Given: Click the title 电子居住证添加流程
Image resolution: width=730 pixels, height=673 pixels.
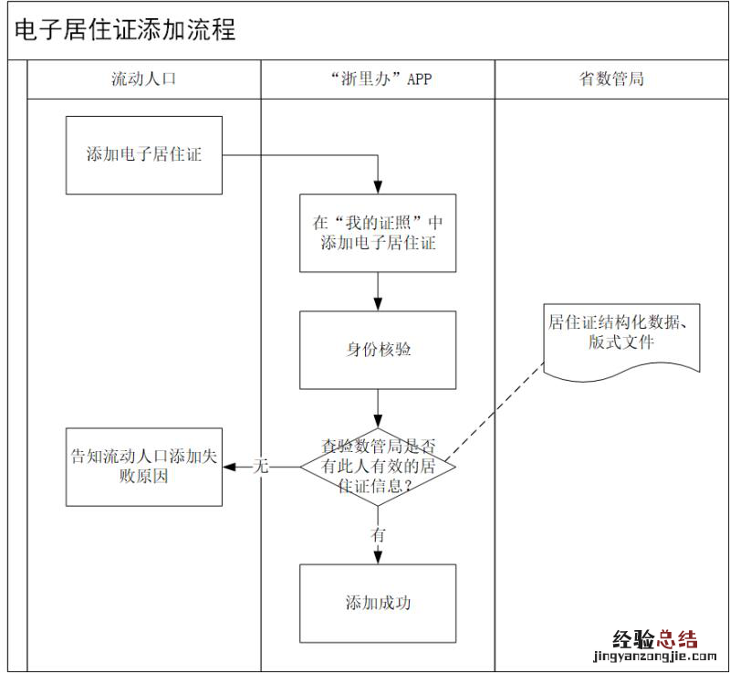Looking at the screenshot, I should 125,30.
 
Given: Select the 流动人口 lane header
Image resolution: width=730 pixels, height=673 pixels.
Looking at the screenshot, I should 143,79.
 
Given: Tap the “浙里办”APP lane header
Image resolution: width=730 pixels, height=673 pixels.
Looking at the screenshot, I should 378,79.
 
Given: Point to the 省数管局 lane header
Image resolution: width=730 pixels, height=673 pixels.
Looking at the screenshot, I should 611,79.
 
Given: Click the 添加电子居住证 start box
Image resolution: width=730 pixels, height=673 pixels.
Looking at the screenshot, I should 144,154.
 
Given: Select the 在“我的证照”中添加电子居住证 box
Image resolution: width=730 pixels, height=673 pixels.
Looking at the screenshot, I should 378,233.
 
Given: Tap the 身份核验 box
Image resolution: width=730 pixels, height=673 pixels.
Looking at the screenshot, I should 378,350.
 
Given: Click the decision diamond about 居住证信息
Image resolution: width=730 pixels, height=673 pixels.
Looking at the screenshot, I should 378,466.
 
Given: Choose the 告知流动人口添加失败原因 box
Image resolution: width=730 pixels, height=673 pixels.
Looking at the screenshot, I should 144,466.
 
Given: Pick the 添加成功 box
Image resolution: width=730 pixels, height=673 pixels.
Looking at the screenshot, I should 378,603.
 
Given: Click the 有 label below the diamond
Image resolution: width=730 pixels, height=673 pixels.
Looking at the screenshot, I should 378,535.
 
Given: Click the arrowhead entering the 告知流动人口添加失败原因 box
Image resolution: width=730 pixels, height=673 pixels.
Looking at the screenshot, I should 229,467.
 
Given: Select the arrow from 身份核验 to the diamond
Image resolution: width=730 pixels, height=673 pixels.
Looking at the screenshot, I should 378,408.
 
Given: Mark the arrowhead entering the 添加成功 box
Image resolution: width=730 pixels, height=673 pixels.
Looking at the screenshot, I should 378,558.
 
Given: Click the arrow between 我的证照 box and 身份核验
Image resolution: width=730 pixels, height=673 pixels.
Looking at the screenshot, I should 378,291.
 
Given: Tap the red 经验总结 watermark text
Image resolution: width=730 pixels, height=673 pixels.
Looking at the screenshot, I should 654,638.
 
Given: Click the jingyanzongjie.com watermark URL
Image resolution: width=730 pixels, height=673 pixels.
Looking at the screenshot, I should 654,657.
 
